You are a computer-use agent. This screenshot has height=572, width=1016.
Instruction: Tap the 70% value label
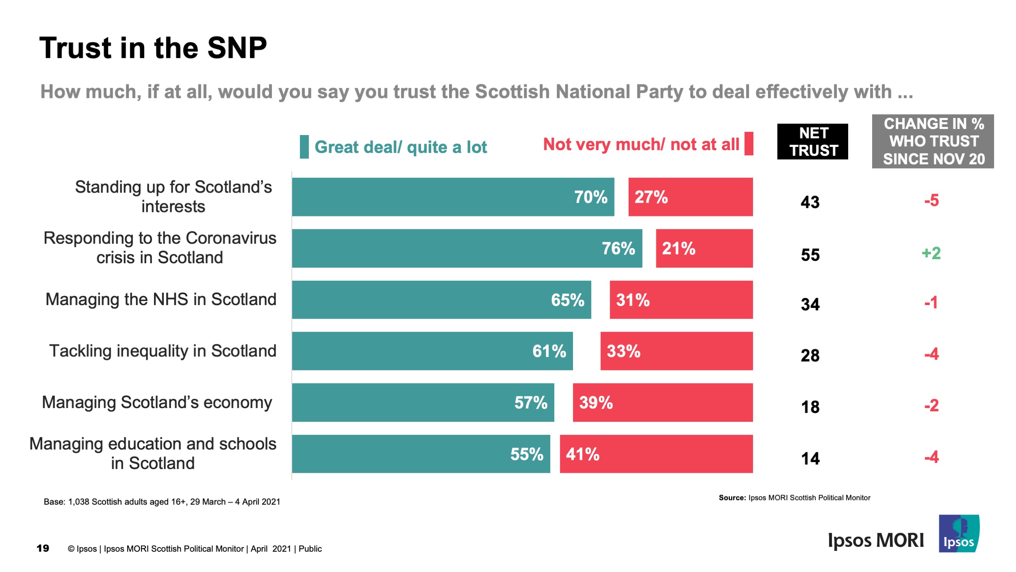(590, 197)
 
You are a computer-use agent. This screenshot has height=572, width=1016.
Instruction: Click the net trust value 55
(810, 255)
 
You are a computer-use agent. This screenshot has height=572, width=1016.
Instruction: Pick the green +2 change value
(931, 253)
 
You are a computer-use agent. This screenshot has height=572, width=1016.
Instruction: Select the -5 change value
(931, 200)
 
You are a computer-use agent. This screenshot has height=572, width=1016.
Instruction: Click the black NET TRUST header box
(812, 142)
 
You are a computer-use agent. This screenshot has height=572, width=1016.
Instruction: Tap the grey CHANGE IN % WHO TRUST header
(933, 141)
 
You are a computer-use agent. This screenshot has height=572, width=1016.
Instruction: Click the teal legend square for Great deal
(304, 147)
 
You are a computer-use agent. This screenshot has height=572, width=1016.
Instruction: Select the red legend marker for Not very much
(749, 144)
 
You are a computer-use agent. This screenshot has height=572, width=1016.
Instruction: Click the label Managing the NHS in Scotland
(161, 299)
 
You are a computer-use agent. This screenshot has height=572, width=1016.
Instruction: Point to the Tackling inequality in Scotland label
(163, 351)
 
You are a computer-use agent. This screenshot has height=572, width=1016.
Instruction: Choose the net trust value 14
(810, 458)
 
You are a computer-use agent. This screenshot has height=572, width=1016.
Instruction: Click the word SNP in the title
(237, 48)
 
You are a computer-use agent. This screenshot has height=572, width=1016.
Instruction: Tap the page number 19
(43, 548)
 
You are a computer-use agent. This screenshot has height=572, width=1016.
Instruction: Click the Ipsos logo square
(958, 533)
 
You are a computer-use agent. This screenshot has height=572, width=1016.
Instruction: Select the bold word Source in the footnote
(732, 498)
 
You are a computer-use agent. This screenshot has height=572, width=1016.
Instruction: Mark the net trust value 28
(810, 355)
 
